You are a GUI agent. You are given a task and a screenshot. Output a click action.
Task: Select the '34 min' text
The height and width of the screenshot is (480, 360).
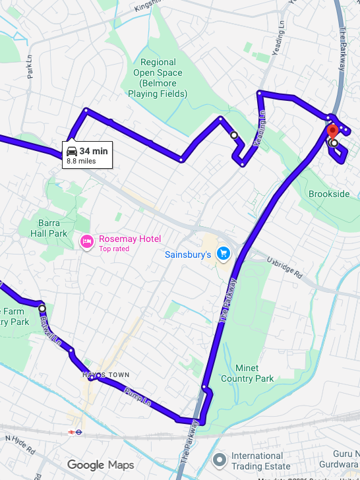[94, 152]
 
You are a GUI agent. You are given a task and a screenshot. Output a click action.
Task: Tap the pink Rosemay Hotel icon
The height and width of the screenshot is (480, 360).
[87, 243]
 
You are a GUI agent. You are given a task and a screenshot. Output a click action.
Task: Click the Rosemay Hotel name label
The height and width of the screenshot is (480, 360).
[130, 239]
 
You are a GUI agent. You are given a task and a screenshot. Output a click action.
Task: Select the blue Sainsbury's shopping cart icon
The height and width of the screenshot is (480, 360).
[223, 253]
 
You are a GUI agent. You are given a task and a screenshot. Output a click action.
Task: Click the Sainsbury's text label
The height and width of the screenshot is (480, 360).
[187, 254]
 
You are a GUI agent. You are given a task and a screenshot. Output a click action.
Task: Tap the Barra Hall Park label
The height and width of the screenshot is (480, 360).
[49, 228]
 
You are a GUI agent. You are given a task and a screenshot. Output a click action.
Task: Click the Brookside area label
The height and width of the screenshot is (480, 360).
[329, 194]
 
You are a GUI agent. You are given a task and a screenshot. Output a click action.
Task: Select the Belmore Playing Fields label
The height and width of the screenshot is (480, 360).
[158, 78]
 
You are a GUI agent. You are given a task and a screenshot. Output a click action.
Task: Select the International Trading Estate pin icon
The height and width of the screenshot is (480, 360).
[220, 460]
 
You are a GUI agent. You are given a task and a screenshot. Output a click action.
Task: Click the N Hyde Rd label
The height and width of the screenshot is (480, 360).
[22, 445]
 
